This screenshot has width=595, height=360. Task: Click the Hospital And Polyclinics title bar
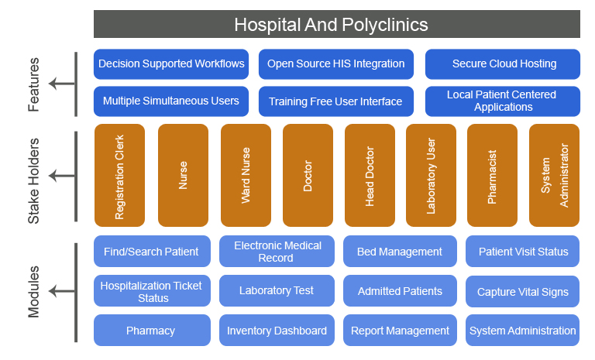336,24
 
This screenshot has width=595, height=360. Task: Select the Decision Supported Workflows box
171,64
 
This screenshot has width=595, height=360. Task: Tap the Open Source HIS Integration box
335,64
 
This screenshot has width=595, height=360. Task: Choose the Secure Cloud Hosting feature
503,64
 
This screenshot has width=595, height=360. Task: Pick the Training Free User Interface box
335,101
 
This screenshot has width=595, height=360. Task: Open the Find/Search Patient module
151,252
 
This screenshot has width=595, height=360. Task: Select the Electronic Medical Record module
277,252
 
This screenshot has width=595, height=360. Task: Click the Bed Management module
399,252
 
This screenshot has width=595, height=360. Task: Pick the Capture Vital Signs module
523,292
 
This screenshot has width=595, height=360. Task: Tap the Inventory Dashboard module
277,331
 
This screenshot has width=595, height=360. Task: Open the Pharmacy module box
151,331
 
